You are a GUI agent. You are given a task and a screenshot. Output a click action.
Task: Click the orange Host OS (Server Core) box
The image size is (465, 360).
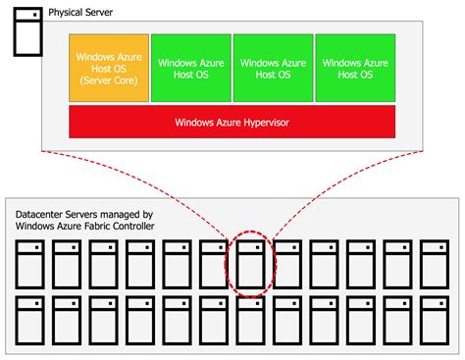pyautogui.click(x=108, y=68)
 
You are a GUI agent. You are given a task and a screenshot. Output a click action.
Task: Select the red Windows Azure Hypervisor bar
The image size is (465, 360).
pyautogui.click(x=232, y=123)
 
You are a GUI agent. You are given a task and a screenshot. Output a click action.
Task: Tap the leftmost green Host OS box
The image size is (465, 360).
pyautogui.click(x=190, y=68)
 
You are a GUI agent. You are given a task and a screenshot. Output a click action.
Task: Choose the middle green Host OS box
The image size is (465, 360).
pyautogui.click(x=273, y=68)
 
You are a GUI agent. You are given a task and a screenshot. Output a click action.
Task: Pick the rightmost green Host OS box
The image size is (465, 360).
pyautogui.click(x=355, y=68)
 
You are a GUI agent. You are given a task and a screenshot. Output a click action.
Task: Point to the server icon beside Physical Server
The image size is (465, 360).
pyautogui.click(x=26, y=29)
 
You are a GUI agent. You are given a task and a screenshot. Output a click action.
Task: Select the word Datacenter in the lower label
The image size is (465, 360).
pyautogui.click(x=45, y=213)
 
